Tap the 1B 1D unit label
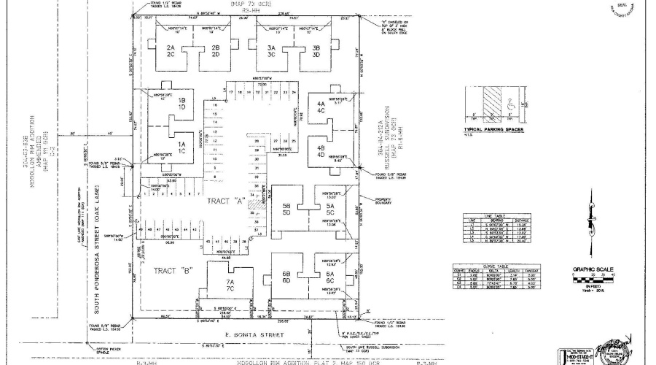coord(163,104)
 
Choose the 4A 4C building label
coord(321,107)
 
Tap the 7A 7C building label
coord(230,285)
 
